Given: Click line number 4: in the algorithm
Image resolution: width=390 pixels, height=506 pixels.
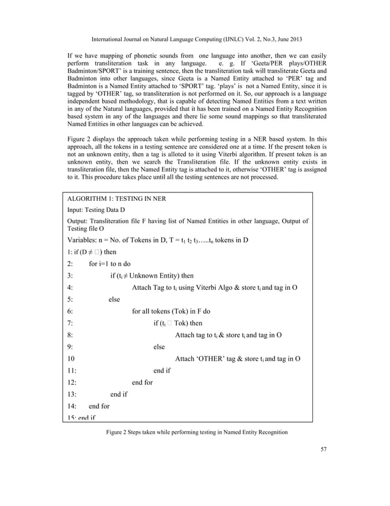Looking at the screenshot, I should pos(71,287).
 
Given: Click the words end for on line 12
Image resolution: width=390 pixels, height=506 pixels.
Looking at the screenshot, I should pos(142,382).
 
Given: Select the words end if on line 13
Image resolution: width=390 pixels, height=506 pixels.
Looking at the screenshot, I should pos(119,394).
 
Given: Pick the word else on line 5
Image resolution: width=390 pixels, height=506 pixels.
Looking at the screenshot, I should pos(114,299).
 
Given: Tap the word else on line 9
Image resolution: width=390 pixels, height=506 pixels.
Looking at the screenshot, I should pos(160,347).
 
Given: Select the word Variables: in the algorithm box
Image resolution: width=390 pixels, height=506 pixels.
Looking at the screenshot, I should pos(85,239).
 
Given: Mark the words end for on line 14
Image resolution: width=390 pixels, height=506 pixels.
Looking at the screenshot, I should pos(99,406).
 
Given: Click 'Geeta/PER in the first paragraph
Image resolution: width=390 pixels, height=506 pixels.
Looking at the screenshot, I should pos(271,64).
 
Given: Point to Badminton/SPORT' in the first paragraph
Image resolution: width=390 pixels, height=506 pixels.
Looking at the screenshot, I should pos(92,72).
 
